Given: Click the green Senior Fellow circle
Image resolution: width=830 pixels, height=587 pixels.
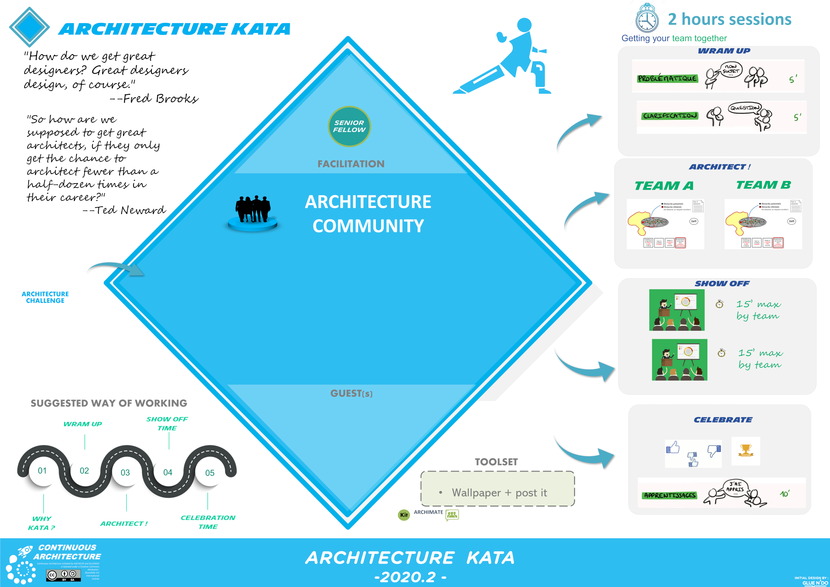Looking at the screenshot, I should coord(349,126).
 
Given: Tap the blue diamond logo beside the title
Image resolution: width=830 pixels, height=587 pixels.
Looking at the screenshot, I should coord(29,26).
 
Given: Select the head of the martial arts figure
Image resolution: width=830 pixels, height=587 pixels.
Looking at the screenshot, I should coord(524,25).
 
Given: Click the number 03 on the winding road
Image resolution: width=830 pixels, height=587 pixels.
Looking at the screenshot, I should coord(125,473).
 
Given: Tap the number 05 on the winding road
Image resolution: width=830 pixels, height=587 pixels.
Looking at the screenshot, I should coord(210,473).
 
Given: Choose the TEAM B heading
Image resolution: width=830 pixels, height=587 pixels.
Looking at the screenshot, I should coord(763,185).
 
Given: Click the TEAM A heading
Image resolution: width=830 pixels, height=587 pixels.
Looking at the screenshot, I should coord(664,186).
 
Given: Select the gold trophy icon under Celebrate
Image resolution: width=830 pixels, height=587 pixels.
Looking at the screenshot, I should coord(745,450).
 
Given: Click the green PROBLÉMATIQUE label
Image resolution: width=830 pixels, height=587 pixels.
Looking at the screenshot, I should coord(667,78).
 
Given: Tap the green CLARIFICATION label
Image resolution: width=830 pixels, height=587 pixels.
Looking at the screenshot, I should coord(670,116).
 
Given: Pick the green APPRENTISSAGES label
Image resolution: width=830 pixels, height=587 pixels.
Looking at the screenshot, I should coord(669,495).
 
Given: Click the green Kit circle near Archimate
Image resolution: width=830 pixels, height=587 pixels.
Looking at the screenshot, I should coord(404,515).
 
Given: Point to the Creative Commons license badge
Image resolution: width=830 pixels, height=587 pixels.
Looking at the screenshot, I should coord(63,575).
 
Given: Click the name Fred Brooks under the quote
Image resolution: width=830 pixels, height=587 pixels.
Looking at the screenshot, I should coord(160,98).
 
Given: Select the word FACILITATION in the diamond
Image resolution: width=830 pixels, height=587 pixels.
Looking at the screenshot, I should coord(351,164).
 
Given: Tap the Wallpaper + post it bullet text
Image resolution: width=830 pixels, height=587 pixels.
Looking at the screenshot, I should coord(499,493).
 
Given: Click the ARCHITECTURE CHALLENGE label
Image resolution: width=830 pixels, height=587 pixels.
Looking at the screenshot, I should coord(45,297).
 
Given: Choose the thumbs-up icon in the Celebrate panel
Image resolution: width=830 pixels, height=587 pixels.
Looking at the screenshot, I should coord(673,448).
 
